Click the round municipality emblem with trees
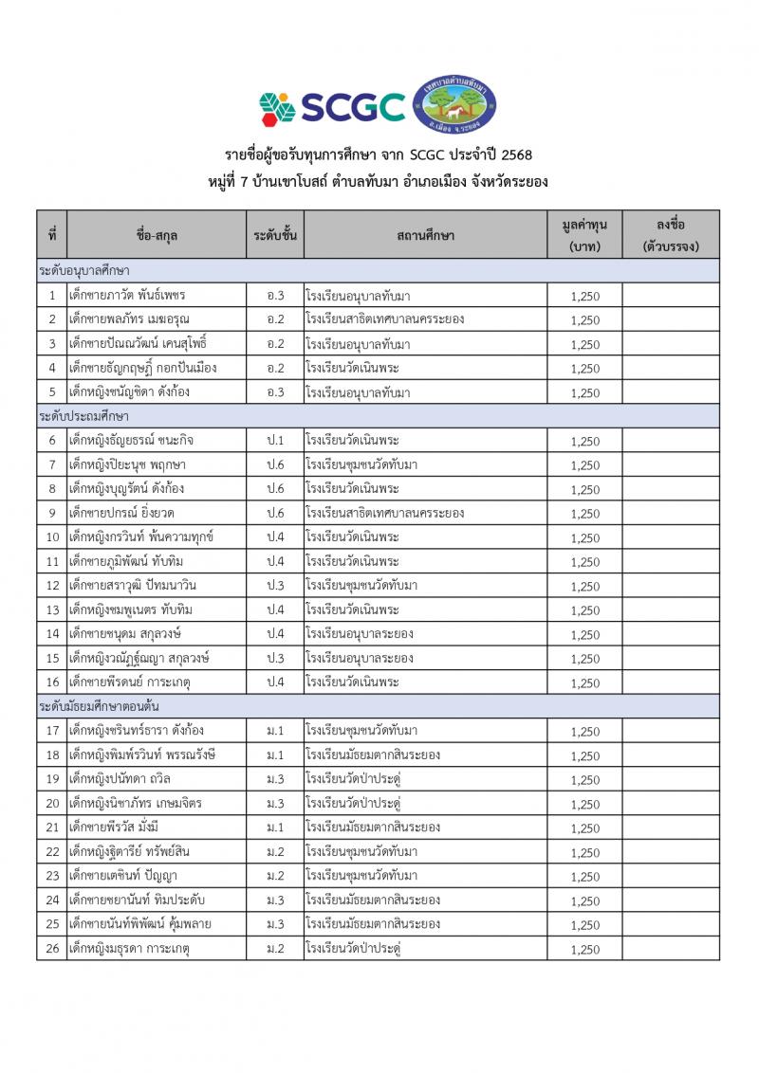(x=460, y=103)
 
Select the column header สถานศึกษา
(x=426, y=235)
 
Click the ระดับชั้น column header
(x=276, y=235)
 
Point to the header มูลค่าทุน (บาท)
(x=584, y=235)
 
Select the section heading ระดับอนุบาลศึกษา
(x=84, y=271)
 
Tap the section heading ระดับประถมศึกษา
(x=84, y=416)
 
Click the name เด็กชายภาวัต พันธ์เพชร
(x=127, y=296)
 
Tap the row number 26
(x=52, y=948)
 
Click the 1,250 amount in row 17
(x=585, y=732)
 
